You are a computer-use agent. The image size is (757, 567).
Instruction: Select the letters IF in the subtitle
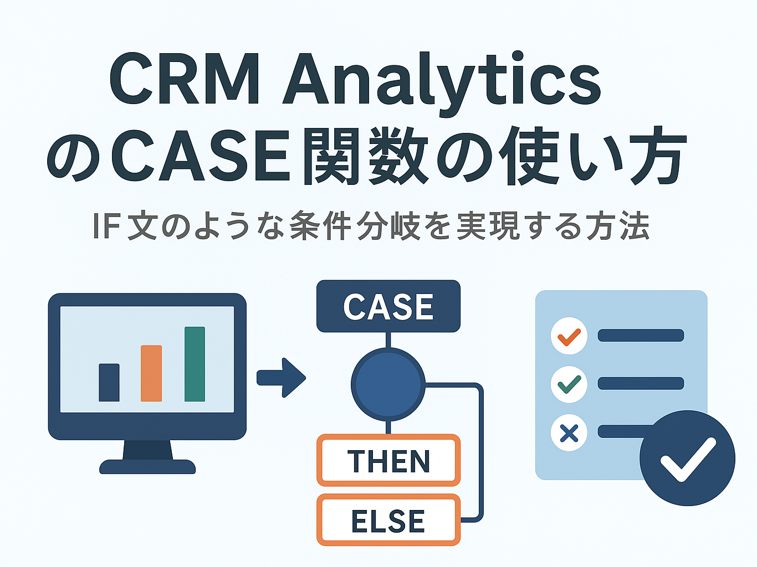(x=106, y=226)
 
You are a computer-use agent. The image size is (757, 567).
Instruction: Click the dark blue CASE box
(x=388, y=306)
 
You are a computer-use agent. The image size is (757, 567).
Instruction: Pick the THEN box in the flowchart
(x=388, y=461)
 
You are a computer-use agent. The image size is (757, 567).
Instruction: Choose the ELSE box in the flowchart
(x=388, y=520)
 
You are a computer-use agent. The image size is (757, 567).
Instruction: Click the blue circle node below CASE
(x=388, y=384)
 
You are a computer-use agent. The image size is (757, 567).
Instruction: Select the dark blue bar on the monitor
(x=109, y=382)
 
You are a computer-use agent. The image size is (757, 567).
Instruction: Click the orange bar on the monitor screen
(x=151, y=373)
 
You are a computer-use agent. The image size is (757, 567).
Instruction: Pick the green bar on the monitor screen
(x=195, y=364)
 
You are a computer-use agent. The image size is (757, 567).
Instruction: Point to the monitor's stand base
(x=147, y=466)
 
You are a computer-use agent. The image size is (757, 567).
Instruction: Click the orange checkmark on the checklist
(x=569, y=336)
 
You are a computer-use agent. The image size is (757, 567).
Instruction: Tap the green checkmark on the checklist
(x=569, y=384)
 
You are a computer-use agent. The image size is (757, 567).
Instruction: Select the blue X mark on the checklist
(x=569, y=432)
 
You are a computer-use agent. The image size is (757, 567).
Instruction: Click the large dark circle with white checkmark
(x=687, y=458)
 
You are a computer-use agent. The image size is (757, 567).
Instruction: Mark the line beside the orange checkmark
(x=641, y=336)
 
